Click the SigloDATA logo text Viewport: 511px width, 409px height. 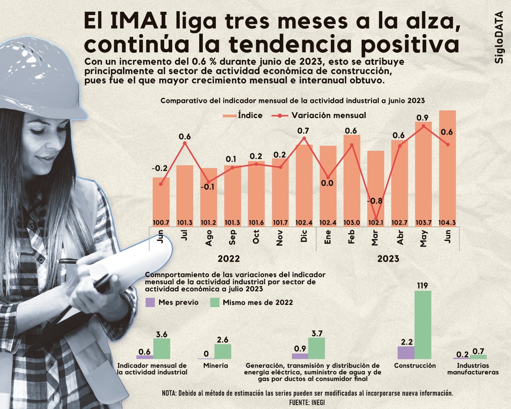coord(499,38)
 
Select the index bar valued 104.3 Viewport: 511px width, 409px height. coord(447,168)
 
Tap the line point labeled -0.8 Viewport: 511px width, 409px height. coord(376,218)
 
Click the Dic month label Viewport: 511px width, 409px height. coord(304,236)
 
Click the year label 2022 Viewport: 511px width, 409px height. coord(229,259)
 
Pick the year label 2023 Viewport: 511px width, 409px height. coord(388,259)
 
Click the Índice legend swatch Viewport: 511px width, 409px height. coord(230,116)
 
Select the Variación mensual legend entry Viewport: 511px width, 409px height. coord(319,115)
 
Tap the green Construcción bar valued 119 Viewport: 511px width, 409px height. coord(423,324)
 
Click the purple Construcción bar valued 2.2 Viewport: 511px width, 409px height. coord(406,352)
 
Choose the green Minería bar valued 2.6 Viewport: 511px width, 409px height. coord(223,351)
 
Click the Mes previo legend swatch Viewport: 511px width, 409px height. coord(150,302)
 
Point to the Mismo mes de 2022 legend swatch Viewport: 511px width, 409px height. coord(215,302)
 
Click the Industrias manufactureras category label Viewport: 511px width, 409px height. coord(473,369)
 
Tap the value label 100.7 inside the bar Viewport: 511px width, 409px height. coord(161,223)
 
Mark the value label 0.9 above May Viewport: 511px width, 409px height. coord(422,118)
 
